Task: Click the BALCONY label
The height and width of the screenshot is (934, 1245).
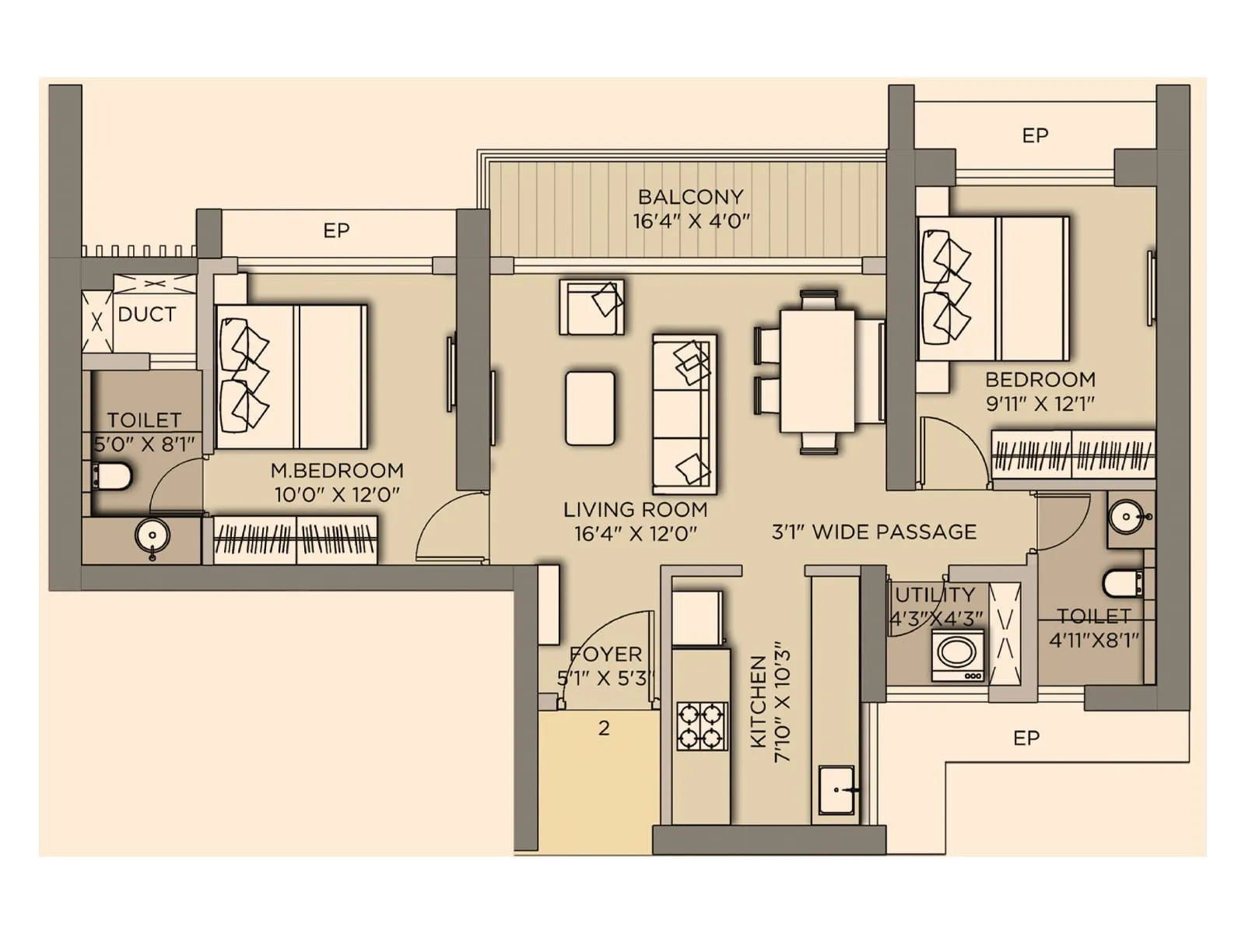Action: pyautogui.click(x=690, y=197)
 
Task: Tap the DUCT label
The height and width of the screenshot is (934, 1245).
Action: pyautogui.click(x=146, y=314)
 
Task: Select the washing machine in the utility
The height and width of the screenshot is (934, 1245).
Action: pyautogui.click(x=957, y=655)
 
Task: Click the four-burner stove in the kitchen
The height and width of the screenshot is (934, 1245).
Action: pyautogui.click(x=701, y=726)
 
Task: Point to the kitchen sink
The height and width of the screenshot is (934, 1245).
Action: pyautogui.click(x=836, y=790)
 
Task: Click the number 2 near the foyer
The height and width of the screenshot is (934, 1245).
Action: pyautogui.click(x=604, y=729)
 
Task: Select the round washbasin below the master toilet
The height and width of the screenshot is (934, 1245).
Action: pyautogui.click(x=153, y=536)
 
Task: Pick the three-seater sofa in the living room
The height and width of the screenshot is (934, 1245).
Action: pyautogui.click(x=684, y=414)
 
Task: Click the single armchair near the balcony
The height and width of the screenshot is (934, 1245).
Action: pyautogui.click(x=591, y=307)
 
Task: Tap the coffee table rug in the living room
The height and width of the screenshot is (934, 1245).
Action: pyautogui.click(x=590, y=408)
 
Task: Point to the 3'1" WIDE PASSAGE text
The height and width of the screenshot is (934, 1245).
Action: pyautogui.click(x=874, y=532)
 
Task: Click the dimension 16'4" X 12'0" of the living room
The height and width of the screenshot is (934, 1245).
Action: pyautogui.click(x=635, y=534)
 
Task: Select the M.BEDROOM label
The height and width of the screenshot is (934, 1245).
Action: pyautogui.click(x=337, y=470)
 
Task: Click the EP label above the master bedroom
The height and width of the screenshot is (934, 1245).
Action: pyautogui.click(x=336, y=230)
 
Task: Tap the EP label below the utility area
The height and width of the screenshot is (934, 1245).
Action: pyautogui.click(x=1026, y=738)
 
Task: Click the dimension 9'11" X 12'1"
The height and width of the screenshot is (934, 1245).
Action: pyautogui.click(x=1040, y=403)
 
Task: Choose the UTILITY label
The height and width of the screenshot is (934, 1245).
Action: pyautogui.click(x=935, y=595)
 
